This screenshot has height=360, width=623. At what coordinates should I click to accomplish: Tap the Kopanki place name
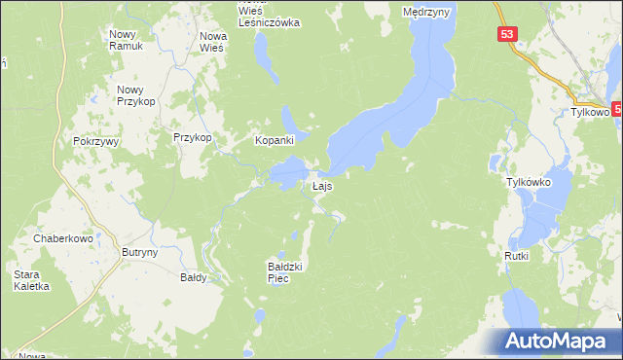pyautogui.click(x=275, y=140)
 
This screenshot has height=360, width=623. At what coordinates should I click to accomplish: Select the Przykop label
pyautogui.click(x=193, y=138)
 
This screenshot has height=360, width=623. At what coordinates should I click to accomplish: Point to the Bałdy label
pyautogui.click(x=194, y=277)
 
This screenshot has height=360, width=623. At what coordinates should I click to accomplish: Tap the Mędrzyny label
pyautogui.click(x=424, y=12)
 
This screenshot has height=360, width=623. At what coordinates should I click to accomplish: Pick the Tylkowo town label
pyautogui.click(x=589, y=112)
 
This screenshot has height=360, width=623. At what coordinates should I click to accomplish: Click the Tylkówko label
pyautogui.click(x=529, y=182)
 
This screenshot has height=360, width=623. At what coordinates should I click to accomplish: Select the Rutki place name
pyautogui.click(x=516, y=256)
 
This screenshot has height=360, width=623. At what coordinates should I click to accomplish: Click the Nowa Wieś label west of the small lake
pyautogui.click(x=212, y=42)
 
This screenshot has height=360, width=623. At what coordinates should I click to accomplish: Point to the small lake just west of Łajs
pyautogui.click(x=287, y=176)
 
